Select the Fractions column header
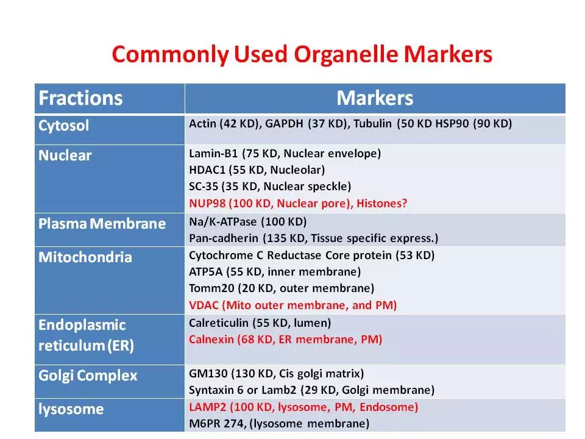[x=80, y=98]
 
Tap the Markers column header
[x=375, y=98]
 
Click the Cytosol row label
[x=64, y=126]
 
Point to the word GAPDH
[x=284, y=124]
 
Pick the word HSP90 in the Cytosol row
[x=452, y=124]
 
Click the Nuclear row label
[x=65, y=155]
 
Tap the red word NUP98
[x=207, y=204]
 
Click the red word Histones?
[x=381, y=204]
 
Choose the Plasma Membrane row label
[x=102, y=224]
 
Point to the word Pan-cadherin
[x=224, y=238]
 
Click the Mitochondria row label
[x=85, y=257]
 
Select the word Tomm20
[x=211, y=288]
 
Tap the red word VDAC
[x=204, y=305]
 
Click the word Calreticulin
[x=219, y=323]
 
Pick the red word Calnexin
[x=211, y=340]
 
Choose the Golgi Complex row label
[x=88, y=376]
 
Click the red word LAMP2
[x=207, y=407]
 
